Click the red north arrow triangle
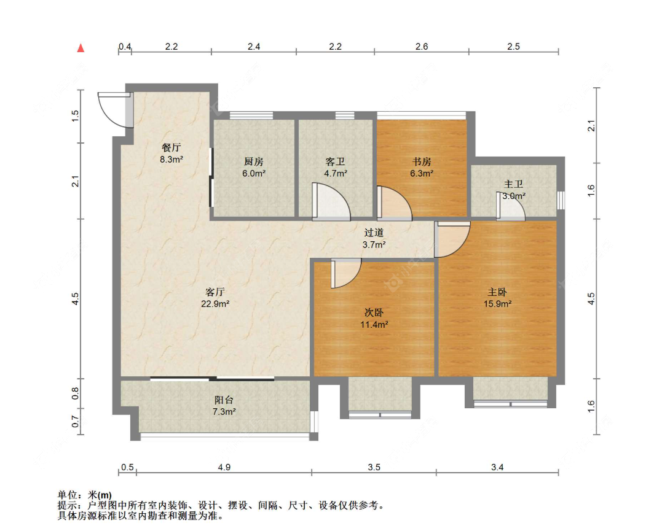(81, 48)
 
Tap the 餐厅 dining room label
(171, 147)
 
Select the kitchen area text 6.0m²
(254, 174)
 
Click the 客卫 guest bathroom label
(335, 161)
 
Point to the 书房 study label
(422, 161)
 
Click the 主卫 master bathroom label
(513, 184)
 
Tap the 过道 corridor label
(374, 233)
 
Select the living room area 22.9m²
(215, 304)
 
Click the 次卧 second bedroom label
(374, 312)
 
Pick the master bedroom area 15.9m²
(498, 304)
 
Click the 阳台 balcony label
(224, 400)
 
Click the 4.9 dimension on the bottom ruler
(224, 467)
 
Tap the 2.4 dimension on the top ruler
(254, 47)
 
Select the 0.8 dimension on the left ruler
(76, 393)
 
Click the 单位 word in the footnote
(67, 495)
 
